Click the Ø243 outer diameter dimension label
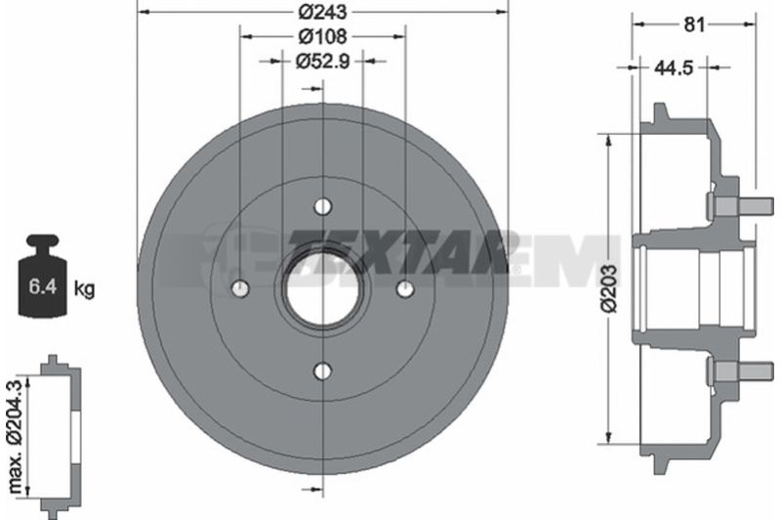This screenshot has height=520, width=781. [322, 12]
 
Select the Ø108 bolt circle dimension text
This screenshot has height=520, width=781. [322, 36]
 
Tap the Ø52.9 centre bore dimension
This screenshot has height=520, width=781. [322, 62]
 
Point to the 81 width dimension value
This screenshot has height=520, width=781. [694, 23]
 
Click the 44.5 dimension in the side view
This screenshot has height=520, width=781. [673, 67]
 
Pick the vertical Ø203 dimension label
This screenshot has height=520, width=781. [608, 288]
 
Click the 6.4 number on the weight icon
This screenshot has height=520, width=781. [42, 286]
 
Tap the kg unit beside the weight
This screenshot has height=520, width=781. [84, 288]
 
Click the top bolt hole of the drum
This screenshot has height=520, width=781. [323, 206]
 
